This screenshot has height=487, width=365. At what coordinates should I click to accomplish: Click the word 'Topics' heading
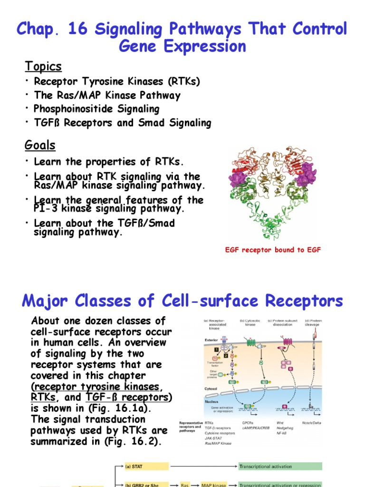coord(43,66)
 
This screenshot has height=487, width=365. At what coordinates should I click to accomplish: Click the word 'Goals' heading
coord(40,145)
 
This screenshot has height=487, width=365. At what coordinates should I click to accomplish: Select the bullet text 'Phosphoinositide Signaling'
coord(96,109)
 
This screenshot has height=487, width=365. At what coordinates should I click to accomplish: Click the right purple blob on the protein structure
coord(307,174)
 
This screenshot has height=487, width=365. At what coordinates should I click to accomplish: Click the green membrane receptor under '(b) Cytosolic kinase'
coord(250,341)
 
